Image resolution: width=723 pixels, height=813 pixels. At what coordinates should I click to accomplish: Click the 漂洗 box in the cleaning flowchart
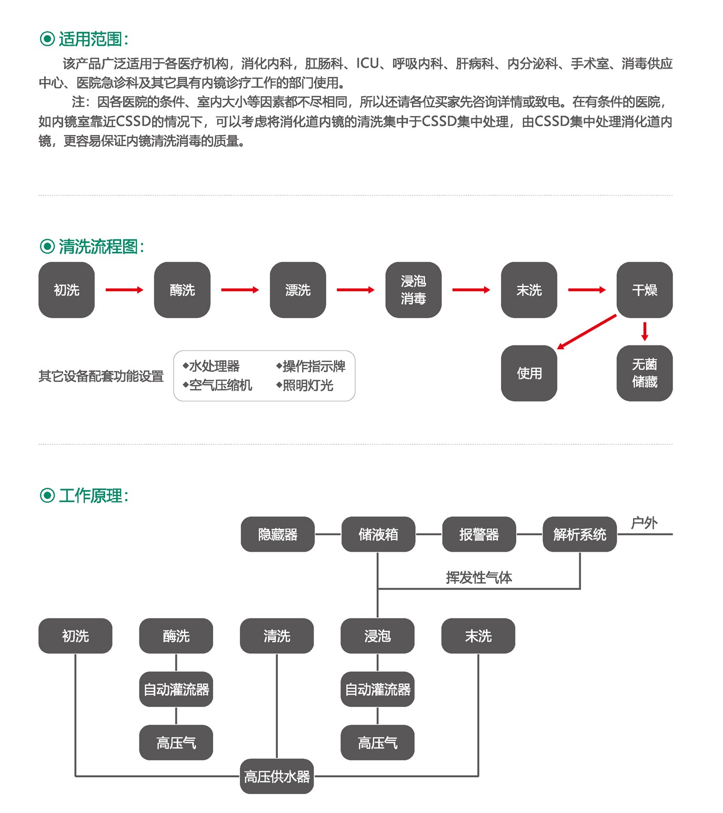pyautogui.click(x=298, y=290)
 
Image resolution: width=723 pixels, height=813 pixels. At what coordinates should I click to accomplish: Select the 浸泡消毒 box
pyautogui.click(x=413, y=290)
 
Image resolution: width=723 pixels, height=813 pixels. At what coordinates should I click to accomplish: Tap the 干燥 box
pyautogui.click(x=644, y=290)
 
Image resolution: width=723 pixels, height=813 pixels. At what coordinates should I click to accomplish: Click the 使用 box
pyautogui.click(x=529, y=373)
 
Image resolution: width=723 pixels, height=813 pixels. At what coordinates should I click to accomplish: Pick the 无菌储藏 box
pyautogui.click(x=644, y=373)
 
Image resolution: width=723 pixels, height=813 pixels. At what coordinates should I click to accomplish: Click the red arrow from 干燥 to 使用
pyautogui.click(x=586, y=332)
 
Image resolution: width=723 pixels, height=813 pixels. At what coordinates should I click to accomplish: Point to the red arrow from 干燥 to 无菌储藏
pyautogui.click(x=645, y=331)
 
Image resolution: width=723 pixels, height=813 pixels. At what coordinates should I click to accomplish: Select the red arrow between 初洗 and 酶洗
pyautogui.click(x=124, y=290)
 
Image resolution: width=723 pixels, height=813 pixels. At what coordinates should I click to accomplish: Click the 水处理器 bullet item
pyautogui.click(x=212, y=366)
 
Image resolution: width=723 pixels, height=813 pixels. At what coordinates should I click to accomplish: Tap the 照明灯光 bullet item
pyautogui.click(x=305, y=385)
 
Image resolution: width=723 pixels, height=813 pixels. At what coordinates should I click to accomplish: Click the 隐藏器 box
pyautogui.click(x=278, y=534)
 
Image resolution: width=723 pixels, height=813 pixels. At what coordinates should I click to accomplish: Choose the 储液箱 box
pyautogui.click(x=378, y=534)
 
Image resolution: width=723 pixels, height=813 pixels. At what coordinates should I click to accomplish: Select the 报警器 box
pyautogui.click(x=479, y=534)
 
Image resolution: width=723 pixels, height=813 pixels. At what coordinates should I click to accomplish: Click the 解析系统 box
pyautogui.click(x=579, y=534)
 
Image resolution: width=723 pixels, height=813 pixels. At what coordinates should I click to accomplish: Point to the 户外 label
pyautogui.click(x=644, y=523)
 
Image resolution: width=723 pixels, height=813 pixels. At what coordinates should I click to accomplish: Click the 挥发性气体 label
pyautogui.click(x=479, y=577)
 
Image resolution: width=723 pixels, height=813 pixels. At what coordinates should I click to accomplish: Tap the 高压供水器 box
pyautogui.click(x=277, y=776)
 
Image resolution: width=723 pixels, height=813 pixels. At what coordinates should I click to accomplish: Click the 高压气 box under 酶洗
pyautogui.click(x=176, y=743)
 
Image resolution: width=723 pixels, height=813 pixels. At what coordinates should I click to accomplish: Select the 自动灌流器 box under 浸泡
pyautogui.click(x=377, y=689)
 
